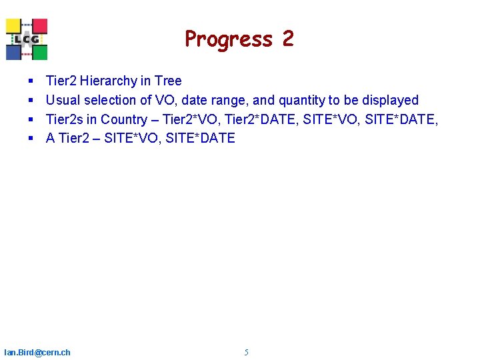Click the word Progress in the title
pos(229,39)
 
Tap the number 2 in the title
pos(287,39)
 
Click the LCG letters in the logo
pos(27,39)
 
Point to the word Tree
pos(168,81)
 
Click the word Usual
pos(63,101)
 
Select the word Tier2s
pos(64,120)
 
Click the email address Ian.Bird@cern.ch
pos(37,352)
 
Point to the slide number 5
pos(246,352)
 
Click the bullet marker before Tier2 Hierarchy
pos(31,81)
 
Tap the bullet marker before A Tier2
pos(31,139)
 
